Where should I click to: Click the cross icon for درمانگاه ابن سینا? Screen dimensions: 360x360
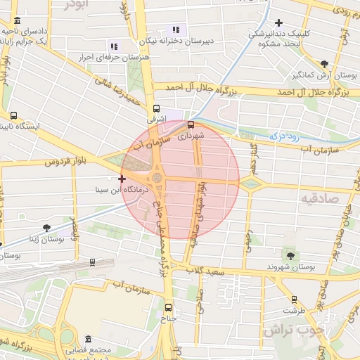122,180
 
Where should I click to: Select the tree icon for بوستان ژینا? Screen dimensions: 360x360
46,228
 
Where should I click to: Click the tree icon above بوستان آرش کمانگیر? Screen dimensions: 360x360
323,63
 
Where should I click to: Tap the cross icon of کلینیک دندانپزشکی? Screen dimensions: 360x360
279,23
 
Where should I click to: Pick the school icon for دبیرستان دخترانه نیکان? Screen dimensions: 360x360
176,30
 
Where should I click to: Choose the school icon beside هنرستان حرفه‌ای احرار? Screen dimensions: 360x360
115,46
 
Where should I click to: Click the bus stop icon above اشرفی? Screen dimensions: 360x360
157,109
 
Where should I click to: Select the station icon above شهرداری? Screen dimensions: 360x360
191,124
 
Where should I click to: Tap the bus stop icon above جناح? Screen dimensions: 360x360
167,307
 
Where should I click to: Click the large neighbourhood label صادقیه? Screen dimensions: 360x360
321,199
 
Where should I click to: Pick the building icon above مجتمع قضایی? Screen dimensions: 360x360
72,337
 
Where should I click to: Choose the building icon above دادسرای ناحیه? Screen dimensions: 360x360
17,22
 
